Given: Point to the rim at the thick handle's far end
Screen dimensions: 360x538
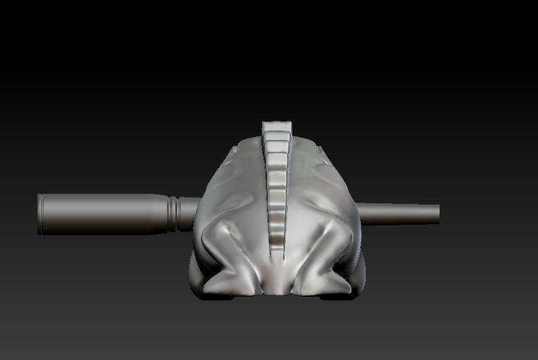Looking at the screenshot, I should coord(40,214).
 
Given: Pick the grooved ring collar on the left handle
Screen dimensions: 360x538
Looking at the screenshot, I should coord(173,214).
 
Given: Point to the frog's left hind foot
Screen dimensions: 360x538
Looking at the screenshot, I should coord(224,283).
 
